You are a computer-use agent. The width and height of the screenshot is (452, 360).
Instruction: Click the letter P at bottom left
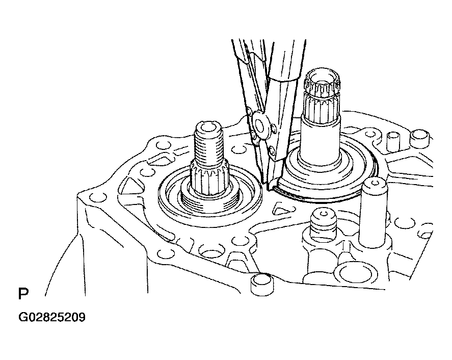point(23,293)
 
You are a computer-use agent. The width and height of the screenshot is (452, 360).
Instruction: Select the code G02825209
point(52,317)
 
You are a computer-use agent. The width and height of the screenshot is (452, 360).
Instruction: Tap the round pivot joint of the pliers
point(260,126)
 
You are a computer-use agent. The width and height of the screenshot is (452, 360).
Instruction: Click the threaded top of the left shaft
point(208,144)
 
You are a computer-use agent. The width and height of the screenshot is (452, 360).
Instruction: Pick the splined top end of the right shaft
point(322,84)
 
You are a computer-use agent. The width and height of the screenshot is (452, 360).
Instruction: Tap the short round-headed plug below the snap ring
point(323,222)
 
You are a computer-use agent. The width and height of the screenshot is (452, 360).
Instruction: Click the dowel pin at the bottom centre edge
point(262,285)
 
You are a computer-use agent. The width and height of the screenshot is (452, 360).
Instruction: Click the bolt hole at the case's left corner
point(98,197)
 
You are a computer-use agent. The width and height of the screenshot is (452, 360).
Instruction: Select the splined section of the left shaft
point(209,179)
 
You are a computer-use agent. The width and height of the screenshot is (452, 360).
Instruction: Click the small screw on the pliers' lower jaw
point(271,149)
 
